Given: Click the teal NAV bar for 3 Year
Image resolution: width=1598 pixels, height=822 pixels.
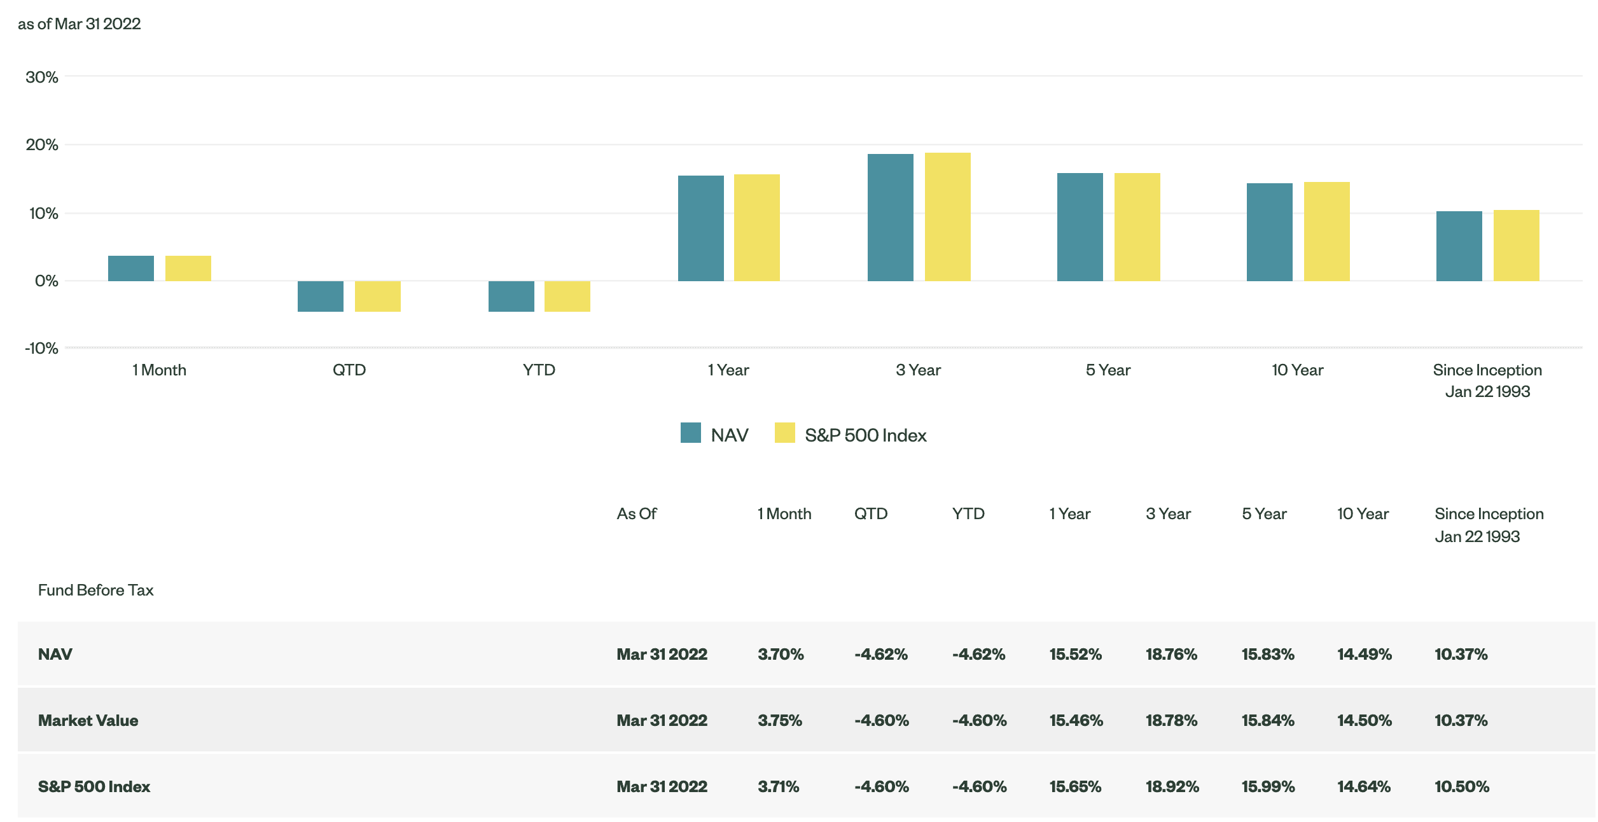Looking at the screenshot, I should [890, 218].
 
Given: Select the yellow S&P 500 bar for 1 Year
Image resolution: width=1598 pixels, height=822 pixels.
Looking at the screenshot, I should [756, 228].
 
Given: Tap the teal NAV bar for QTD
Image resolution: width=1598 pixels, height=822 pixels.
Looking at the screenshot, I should [320, 296].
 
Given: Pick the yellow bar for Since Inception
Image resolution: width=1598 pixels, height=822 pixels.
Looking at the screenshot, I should [1516, 246].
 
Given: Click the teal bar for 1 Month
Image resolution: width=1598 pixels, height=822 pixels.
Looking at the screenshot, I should [130, 268].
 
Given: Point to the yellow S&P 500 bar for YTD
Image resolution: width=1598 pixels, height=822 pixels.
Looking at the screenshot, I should [567, 296].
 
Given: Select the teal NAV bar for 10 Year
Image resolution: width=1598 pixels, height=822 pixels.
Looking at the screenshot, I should [1269, 232].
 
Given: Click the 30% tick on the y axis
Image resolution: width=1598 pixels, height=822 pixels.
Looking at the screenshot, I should [42, 78].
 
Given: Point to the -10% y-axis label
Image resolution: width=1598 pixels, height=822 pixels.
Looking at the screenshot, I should [42, 349].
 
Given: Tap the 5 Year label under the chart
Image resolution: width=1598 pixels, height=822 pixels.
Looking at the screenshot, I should [1108, 370].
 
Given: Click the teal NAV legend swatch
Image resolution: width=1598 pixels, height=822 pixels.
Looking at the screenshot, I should [690, 433].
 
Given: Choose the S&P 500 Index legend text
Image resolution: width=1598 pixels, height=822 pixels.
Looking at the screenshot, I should [865, 435].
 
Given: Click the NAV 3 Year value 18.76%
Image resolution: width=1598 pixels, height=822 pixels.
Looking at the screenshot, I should [1171, 654].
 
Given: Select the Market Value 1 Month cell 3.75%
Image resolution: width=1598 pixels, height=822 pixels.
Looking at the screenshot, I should [779, 720].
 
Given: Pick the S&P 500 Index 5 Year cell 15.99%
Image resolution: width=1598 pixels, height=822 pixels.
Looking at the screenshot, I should [1268, 786].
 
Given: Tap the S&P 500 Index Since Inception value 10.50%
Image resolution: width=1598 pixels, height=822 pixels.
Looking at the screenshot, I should [1461, 786].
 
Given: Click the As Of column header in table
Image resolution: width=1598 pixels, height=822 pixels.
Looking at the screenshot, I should [636, 514].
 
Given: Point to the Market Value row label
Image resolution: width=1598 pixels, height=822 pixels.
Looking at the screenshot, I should [88, 720].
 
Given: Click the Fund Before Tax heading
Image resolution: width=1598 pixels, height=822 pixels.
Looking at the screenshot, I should [95, 590].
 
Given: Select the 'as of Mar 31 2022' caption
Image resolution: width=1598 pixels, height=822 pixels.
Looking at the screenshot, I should [80, 24].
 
